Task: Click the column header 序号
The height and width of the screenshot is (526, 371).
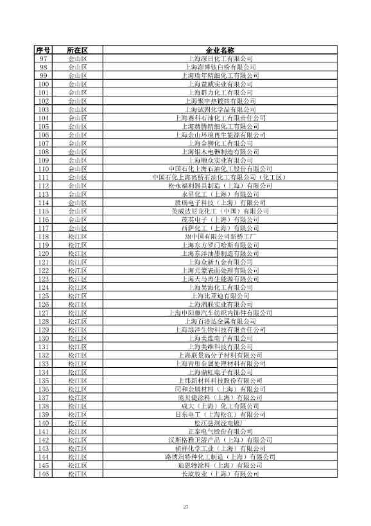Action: click(x=44, y=50)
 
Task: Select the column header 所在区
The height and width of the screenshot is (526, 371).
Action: click(x=77, y=50)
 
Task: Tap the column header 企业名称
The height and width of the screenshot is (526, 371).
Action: click(x=220, y=50)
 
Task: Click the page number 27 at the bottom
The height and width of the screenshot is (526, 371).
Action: click(x=185, y=507)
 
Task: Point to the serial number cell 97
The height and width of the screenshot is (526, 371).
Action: click(x=44, y=59)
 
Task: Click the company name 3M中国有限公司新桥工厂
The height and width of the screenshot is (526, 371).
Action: click(x=220, y=236)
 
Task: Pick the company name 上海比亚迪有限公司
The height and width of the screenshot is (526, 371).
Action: click(x=220, y=295)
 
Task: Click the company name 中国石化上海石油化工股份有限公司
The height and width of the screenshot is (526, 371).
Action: click(x=220, y=168)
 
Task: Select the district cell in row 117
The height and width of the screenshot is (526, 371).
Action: click(x=77, y=228)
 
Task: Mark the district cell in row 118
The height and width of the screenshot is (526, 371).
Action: click(x=77, y=236)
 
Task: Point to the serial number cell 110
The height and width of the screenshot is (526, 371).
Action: click(x=44, y=168)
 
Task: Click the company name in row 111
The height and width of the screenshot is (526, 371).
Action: click(x=220, y=177)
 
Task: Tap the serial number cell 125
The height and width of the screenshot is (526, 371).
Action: click(x=44, y=295)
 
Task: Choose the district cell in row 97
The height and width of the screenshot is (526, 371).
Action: click(x=77, y=59)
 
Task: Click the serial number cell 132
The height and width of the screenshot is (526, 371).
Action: click(x=44, y=355)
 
